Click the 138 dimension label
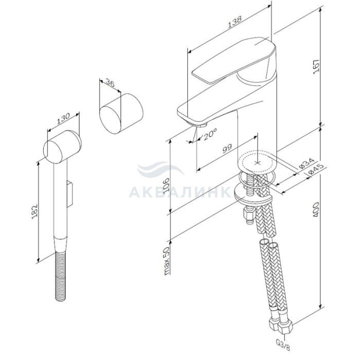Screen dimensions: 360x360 235,22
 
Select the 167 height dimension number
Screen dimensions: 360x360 316,66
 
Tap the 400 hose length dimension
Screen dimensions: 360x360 316,209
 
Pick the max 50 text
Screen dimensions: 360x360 167,261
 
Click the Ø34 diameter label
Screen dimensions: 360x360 307,163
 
